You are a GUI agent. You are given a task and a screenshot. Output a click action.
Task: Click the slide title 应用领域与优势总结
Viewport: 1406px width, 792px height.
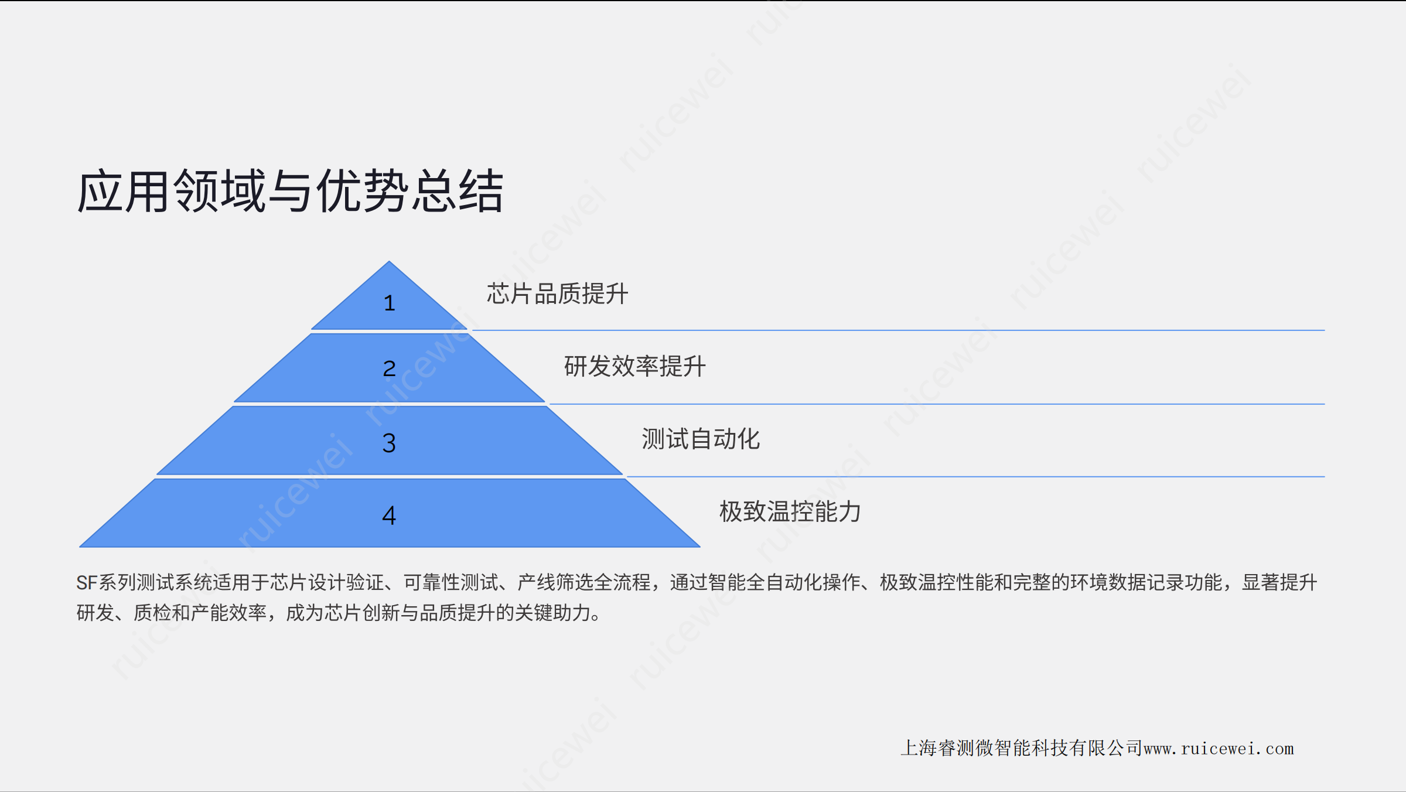click(x=291, y=191)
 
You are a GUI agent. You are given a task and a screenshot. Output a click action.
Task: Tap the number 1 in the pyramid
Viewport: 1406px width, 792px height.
click(x=390, y=303)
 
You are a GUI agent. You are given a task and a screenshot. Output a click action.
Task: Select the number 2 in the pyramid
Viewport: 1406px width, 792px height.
click(x=390, y=368)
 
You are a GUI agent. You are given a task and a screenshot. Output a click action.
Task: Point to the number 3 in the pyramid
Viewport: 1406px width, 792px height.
click(x=389, y=443)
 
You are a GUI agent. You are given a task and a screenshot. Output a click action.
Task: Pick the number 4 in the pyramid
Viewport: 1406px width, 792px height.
click(x=389, y=516)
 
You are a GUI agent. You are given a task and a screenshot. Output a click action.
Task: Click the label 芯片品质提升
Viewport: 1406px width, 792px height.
click(x=558, y=293)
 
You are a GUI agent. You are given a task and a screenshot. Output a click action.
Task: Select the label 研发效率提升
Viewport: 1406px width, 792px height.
click(x=635, y=366)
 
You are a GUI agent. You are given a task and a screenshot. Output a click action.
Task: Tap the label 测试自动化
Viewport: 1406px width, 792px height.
click(x=701, y=439)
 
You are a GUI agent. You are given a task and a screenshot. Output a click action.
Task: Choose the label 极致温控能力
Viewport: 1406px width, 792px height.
click(x=790, y=511)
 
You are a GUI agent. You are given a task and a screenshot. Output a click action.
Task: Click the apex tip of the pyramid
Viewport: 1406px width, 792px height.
click(x=389, y=261)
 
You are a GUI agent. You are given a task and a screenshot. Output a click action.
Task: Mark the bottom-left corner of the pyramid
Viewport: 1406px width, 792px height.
click(x=80, y=547)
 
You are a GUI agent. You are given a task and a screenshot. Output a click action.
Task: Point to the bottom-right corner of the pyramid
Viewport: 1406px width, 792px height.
click(x=700, y=547)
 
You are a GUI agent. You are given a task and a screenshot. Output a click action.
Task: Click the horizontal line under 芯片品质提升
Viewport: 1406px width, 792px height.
click(x=899, y=330)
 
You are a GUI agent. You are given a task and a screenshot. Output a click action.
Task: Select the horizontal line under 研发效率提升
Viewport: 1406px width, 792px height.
click(x=937, y=404)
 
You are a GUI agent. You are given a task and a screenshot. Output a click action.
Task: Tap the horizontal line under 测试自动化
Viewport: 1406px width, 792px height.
click(x=976, y=477)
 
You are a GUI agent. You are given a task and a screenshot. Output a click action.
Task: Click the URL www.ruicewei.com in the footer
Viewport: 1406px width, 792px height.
click(x=1219, y=749)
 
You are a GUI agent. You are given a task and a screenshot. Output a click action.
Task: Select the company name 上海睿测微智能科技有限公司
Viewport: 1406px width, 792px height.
click(x=1022, y=748)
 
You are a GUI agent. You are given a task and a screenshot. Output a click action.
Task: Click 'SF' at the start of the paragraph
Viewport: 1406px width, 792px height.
click(x=87, y=582)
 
